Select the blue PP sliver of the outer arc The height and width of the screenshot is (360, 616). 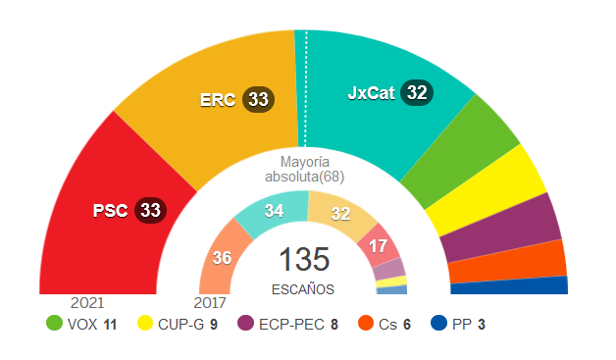(x=510, y=286)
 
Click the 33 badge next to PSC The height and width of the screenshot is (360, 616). (x=149, y=210)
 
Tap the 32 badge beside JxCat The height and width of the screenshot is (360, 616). (x=417, y=93)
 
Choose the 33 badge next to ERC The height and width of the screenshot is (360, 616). (x=258, y=99)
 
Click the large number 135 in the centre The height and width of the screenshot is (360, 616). (x=303, y=260)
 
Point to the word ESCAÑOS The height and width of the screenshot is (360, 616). (x=302, y=289)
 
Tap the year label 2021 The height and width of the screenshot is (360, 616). (x=87, y=303)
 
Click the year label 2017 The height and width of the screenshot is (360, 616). (x=210, y=303)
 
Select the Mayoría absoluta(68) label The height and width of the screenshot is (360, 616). (x=304, y=170)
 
